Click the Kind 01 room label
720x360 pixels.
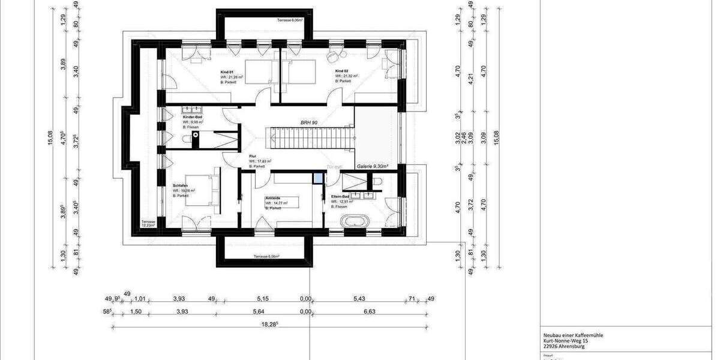(227, 71)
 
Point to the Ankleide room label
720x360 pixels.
(273, 197)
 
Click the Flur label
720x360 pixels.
(253, 156)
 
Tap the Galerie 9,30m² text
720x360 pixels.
(373, 166)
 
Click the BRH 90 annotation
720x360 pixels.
(309, 122)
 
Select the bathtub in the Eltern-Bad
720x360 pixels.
(353, 221)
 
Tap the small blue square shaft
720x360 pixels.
(317, 178)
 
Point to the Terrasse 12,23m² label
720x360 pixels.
(148, 224)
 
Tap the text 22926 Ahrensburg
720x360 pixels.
(557, 346)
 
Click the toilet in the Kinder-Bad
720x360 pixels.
(187, 140)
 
